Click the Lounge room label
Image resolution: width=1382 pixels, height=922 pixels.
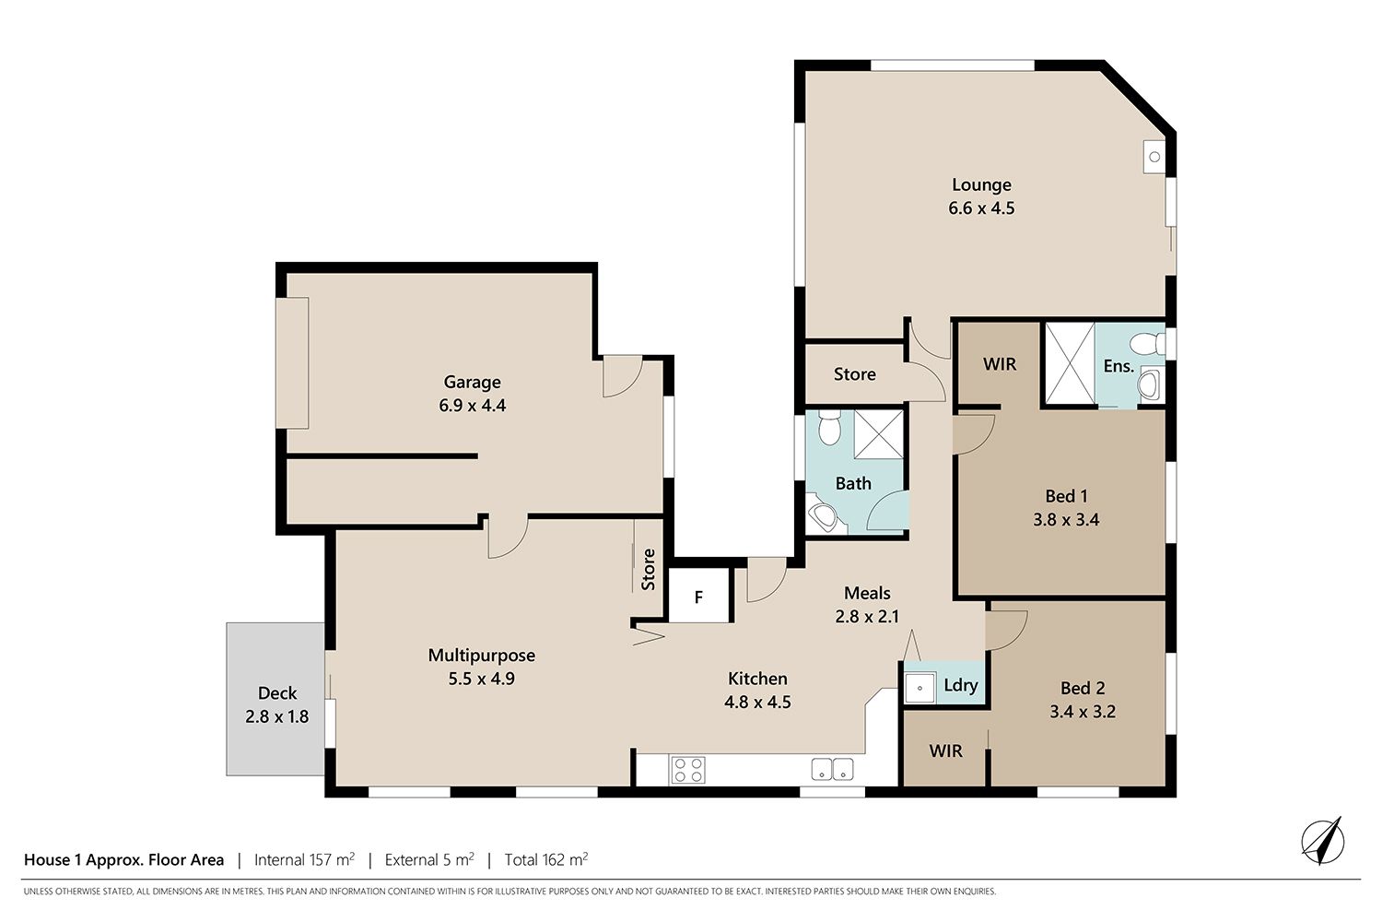tap(981, 184)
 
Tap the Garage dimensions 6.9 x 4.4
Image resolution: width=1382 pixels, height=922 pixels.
tap(472, 406)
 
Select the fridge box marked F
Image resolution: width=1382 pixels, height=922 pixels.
tap(699, 596)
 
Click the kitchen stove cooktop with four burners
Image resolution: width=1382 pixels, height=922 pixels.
tap(688, 770)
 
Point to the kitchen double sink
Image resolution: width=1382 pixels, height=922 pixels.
tap(832, 770)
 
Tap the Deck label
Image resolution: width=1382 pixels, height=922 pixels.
tap(277, 693)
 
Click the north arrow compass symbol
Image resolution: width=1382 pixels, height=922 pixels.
tap(1322, 841)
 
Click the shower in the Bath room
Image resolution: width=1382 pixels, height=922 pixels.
tap(879, 434)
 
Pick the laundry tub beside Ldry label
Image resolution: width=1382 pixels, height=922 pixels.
tap(919, 688)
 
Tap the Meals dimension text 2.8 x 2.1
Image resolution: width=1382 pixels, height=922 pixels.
tap(867, 616)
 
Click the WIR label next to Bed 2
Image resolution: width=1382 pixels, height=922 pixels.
tap(945, 751)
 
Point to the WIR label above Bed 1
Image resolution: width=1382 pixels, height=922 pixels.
tap(1000, 364)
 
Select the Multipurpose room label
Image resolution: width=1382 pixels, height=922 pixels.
tap(481, 656)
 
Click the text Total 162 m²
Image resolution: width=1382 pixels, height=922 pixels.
tap(546, 859)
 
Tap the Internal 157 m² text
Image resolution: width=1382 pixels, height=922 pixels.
tap(304, 859)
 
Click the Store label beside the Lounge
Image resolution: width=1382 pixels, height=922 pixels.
tap(854, 374)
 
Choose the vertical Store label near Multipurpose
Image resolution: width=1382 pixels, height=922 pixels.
tap(648, 570)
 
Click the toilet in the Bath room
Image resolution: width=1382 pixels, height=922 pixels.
tap(829, 427)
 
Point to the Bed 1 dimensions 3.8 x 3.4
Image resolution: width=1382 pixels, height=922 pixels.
tap(1066, 520)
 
